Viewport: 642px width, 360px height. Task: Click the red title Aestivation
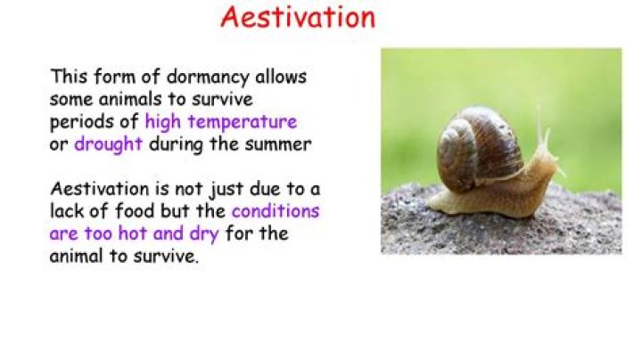298,17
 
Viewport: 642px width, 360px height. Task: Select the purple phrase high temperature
220,121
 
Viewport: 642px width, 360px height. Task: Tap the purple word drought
108,143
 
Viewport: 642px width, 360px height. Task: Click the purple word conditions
275,212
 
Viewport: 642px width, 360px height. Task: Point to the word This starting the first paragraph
70,77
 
